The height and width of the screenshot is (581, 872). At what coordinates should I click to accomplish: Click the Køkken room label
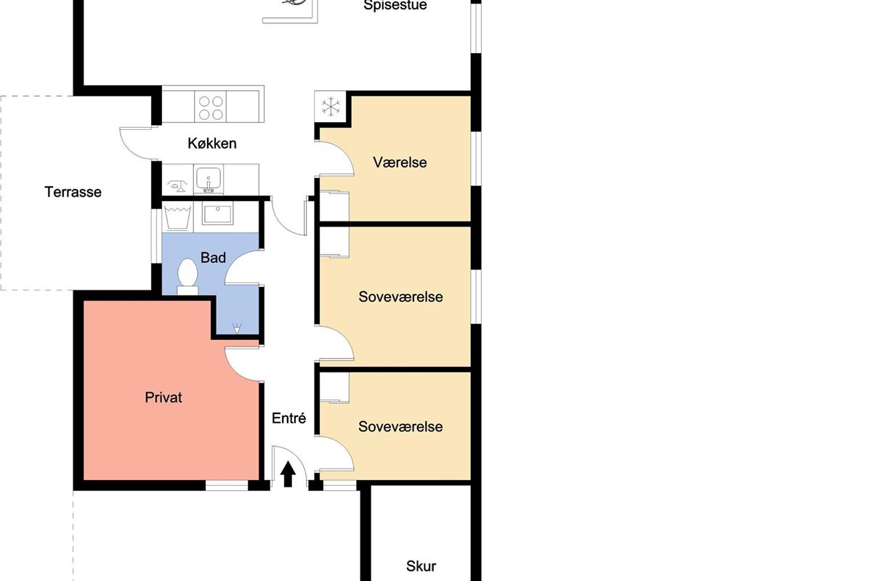[x=212, y=144]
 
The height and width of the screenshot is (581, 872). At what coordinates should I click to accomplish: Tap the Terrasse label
[x=73, y=192]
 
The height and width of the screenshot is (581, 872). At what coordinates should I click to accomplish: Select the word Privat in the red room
[x=163, y=397]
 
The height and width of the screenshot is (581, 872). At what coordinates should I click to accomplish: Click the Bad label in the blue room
[x=213, y=257]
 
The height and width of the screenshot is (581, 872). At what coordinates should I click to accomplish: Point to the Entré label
[x=289, y=418]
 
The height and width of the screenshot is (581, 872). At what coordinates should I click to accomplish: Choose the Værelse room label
[x=400, y=162]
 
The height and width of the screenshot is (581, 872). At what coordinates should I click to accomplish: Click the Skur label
[x=421, y=566]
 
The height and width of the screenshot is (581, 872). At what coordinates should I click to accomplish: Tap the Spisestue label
[x=395, y=6]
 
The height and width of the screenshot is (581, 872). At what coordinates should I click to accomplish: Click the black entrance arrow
[x=288, y=474]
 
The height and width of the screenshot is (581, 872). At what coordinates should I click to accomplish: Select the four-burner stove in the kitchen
[x=210, y=107]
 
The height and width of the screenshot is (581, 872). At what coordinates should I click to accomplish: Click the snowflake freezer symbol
[x=331, y=107]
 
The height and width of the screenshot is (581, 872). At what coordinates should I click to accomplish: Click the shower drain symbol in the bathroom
[x=237, y=328]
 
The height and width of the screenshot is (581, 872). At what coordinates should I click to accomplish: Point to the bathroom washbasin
[x=217, y=214]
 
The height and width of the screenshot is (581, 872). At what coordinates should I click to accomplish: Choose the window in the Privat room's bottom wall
[x=227, y=485]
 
